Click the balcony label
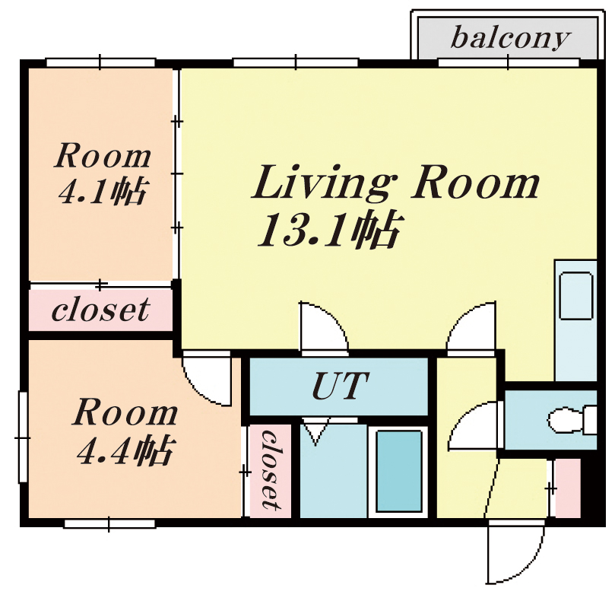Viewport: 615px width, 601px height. pos(510,38)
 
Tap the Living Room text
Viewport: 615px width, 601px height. pos(395,183)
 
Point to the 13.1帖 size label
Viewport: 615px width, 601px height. pos(328,230)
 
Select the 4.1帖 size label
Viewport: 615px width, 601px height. pos(103,192)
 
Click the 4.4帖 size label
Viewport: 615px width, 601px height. pos(125,450)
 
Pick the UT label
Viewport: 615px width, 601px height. pos(340,386)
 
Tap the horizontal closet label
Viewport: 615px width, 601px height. pos(100,310)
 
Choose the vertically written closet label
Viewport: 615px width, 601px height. pos(271,470)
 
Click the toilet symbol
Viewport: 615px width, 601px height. pos(572,420)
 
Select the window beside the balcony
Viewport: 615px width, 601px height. pos(509,62)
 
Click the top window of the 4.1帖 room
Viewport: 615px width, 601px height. pos(101,62)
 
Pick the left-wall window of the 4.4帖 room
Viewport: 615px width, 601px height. pos(23,437)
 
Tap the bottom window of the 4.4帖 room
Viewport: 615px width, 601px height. pos(109,523)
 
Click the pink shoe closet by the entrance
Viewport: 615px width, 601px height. pos(568,488)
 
